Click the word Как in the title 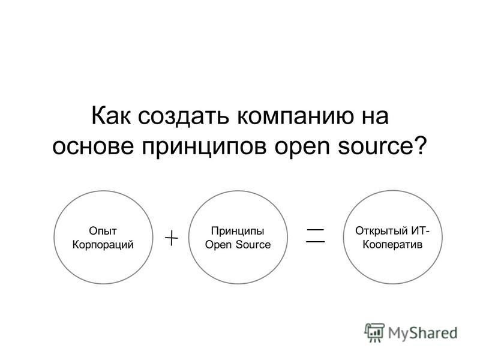(110, 116)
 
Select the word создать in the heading (183, 116)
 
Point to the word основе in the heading (93, 146)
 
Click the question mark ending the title (418, 145)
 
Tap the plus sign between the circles (172, 238)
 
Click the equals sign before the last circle (316, 235)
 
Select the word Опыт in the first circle (103, 231)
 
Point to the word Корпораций (103, 245)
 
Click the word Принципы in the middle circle (238, 231)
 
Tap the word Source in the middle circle (253, 245)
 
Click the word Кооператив (392, 245)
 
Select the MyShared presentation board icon (374, 332)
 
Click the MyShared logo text (423, 333)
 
